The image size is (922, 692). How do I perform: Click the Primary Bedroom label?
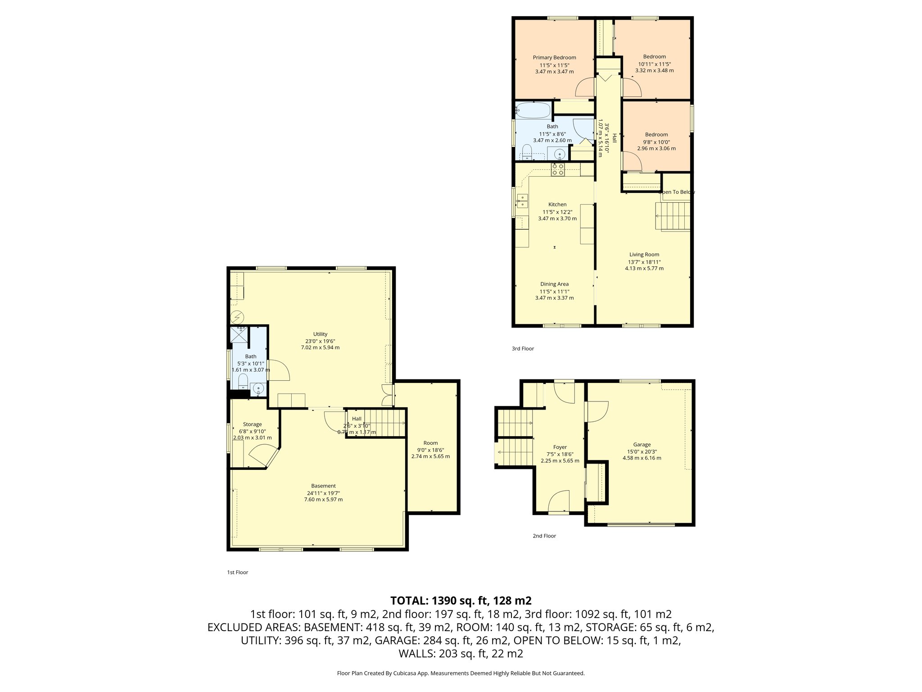pos(554,57)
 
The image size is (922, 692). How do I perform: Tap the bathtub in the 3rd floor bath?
pos(533,110)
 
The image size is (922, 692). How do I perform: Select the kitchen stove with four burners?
pos(558,169)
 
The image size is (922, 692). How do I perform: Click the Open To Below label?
pos(676,192)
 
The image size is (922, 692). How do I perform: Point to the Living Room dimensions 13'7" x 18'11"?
pos(644,262)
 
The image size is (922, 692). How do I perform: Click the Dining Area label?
pos(554,284)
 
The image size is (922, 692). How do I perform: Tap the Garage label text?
pos(642,445)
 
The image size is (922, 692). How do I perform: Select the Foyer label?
pos(560,447)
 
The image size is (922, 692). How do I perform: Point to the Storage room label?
pos(252,424)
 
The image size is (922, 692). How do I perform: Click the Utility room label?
pos(320,334)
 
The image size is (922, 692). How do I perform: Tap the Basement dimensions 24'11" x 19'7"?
pos(323,493)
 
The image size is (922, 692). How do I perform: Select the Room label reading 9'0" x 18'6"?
pos(430,450)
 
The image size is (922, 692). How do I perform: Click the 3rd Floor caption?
pos(523,349)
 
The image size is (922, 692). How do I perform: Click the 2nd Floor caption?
pos(544,536)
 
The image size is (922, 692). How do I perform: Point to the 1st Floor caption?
pos(237,573)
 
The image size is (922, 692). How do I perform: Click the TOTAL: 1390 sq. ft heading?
pos(461,601)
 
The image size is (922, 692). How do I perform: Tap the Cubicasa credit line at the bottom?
pos(461,674)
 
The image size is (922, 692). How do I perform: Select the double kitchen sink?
pos(522,201)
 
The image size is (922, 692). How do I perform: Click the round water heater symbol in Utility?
pos(237,316)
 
